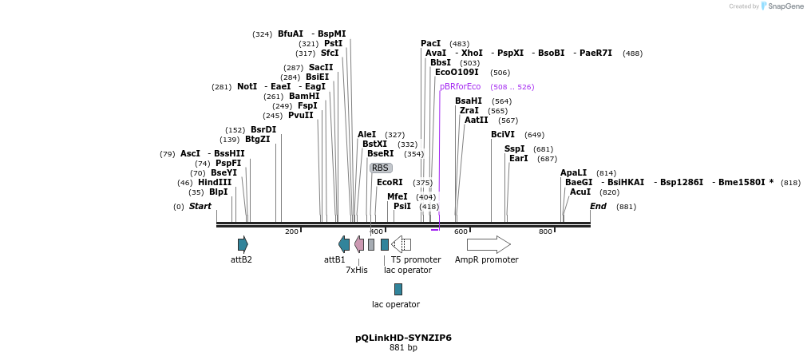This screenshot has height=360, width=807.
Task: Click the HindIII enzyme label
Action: point(215,182)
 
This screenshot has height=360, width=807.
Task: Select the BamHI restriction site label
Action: point(304,96)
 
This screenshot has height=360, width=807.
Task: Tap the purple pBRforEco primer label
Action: point(460,86)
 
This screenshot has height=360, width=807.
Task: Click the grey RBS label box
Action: point(381,168)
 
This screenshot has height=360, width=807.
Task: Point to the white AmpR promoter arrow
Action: point(489,244)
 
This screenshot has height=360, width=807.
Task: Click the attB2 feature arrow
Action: point(243,244)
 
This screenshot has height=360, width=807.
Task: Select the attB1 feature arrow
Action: point(344,244)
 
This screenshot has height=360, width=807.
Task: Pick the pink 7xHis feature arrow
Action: point(359,244)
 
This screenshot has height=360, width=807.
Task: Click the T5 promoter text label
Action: point(416,259)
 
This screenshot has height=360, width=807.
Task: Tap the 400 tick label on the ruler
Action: point(376,231)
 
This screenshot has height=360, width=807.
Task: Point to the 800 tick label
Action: point(545,231)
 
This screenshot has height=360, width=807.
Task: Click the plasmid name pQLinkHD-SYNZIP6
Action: point(403,338)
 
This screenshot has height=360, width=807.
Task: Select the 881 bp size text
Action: point(403,348)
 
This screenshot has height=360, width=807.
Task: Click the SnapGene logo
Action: point(781,6)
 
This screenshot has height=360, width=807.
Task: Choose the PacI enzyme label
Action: point(431,43)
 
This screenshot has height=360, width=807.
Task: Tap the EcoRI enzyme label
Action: point(390,182)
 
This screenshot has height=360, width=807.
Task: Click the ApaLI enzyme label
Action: point(573,172)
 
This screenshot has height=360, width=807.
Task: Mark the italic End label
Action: point(598,206)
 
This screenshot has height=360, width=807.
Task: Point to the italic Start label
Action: point(200,206)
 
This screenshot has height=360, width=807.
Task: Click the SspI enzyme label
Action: point(515,148)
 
